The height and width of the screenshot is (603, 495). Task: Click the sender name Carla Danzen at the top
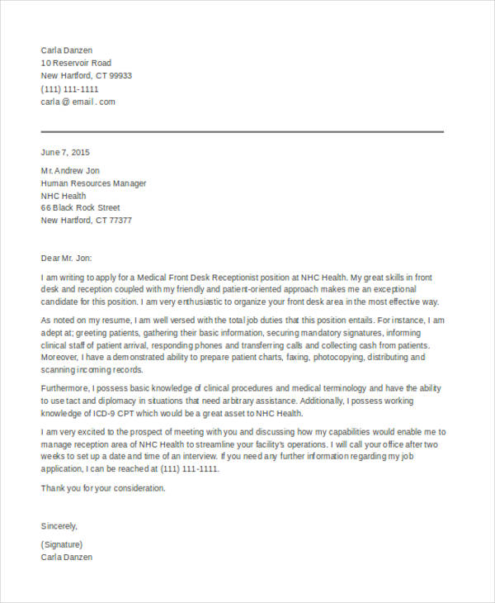(x=67, y=50)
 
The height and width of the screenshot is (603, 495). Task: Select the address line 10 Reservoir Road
(x=76, y=63)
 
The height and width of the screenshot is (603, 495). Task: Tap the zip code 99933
(x=120, y=76)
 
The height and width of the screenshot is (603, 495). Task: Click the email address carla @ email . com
(x=78, y=102)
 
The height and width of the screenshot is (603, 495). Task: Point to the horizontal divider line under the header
(x=243, y=131)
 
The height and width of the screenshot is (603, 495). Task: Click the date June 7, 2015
(x=65, y=152)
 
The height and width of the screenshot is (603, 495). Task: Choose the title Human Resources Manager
(x=94, y=183)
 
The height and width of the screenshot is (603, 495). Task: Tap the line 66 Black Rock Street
(x=81, y=208)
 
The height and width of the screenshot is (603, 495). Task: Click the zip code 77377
(x=120, y=221)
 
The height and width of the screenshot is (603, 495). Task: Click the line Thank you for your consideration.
(x=104, y=488)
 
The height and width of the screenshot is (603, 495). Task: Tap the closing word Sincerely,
(x=59, y=525)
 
